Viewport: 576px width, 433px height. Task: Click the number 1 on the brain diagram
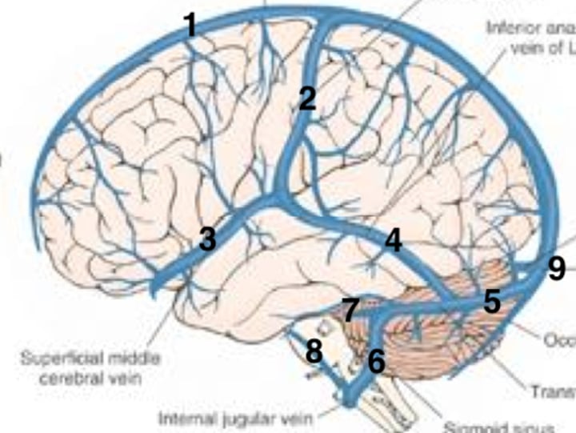point(190,26)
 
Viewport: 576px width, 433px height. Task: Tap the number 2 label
point(308,99)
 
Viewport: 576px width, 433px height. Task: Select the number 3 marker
point(208,239)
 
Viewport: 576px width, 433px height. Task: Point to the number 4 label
point(393,240)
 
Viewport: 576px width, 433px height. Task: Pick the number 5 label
point(492,303)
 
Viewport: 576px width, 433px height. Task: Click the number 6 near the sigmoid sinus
point(377,362)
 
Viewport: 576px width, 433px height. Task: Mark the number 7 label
point(350,311)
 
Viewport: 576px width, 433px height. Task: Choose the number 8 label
point(314,351)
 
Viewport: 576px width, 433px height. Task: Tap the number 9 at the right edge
point(557,269)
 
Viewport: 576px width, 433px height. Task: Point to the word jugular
point(244,418)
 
